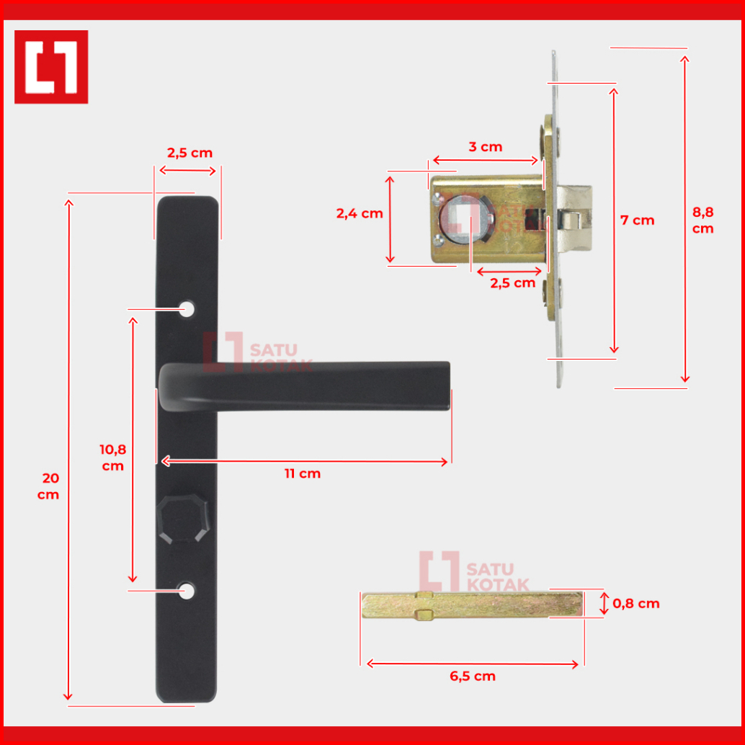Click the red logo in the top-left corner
tap(51, 67)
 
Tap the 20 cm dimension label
tap(48, 486)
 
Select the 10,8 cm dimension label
tap(113, 458)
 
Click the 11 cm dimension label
tap(303, 473)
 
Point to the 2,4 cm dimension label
tap(360, 214)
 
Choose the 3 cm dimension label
tap(486, 147)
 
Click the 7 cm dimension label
tap(638, 220)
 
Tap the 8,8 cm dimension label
tap(703, 220)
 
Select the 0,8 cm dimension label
tap(636, 603)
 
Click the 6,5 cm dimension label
tap(473, 676)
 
